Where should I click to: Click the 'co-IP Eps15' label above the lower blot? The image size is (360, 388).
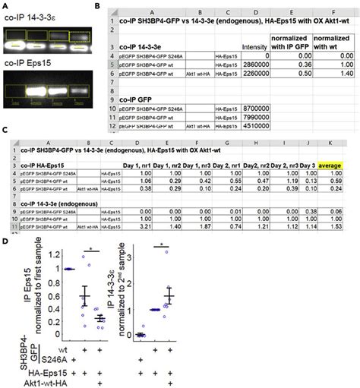point(30,74)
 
